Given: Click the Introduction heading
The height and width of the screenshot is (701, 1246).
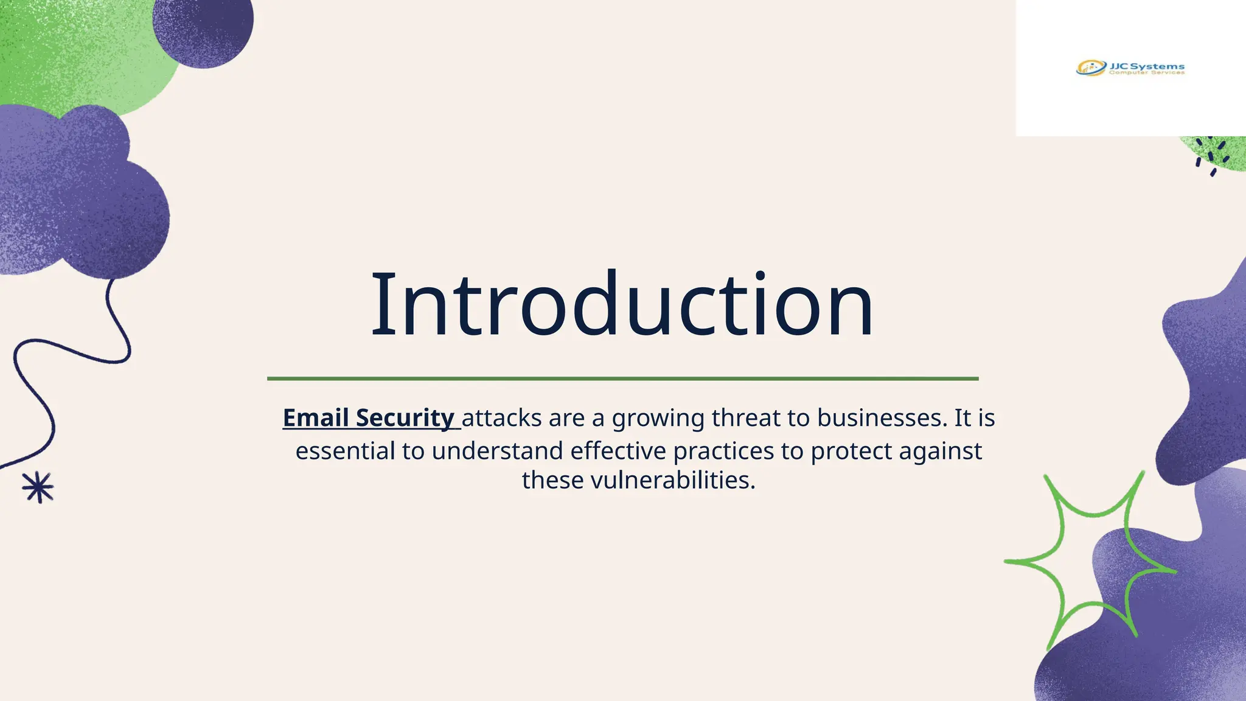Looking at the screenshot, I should click(622, 304).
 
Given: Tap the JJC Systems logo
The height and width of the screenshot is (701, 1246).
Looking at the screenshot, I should click(1130, 68).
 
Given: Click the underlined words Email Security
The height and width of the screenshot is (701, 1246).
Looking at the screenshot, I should click(369, 418).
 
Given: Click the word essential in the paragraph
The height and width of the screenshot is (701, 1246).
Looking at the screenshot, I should click(345, 451).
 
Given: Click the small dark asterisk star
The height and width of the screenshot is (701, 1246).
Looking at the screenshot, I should click(38, 487).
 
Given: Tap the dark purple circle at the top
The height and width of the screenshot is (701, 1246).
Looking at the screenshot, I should click(204, 27).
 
